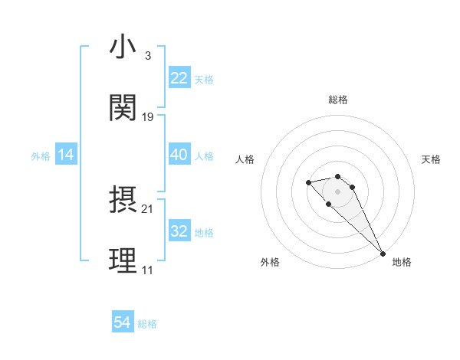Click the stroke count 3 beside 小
[x=147, y=56]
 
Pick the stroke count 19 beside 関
[x=148, y=116]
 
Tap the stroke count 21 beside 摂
[x=148, y=208]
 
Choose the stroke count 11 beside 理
[x=147, y=270]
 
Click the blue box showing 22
[x=179, y=78]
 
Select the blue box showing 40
[x=179, y=155]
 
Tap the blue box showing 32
[x=179, y=231]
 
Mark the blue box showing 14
[x=66, y=155]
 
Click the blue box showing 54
[x=123, y=322]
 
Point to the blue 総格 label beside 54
[x=147, y=324]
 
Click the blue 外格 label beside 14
[x=41, y=156]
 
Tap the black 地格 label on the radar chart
[x=402, y=262]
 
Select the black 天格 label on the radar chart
[x=431, y=159]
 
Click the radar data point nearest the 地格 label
[x=383, y=253]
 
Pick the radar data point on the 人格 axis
[x=308, y=182]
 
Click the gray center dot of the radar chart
[x=337, y=191]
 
